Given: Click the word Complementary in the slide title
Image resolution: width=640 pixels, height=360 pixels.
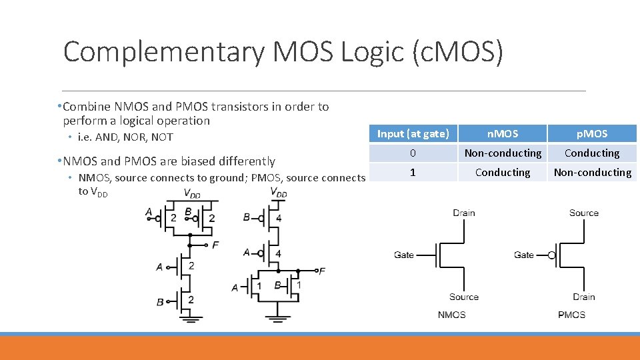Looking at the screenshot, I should pyautogui.click(x=163, y=51).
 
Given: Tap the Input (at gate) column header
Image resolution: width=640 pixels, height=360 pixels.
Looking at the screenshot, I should pyautogui.click(x=413, y=133).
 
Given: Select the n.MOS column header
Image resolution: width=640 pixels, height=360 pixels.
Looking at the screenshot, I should pyautogui.click(x=503, y=133).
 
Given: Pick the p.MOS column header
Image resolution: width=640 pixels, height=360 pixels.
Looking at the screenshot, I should pyautogui.click(x=592, y=133).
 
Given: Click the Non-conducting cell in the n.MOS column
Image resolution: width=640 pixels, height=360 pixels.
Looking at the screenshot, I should pyautogui.click(x=503, y=153).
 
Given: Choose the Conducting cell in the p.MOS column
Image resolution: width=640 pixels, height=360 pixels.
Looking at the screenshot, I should pyautogui.click(x=592, y=153).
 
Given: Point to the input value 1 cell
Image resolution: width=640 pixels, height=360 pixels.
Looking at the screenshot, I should pyautogui.click(x=413, y=172).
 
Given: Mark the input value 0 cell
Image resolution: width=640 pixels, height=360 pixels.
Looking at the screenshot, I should pyautogui.click(x=413, y=153).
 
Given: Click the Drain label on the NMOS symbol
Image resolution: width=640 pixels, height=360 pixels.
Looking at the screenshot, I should pyautogui.click(x=463, y=213).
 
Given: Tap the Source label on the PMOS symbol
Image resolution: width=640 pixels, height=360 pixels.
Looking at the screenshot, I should pyautogui.click(x=583, y=213).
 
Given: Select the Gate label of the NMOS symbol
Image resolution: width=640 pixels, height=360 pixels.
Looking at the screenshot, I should pyautogui.click(x=403, y=255).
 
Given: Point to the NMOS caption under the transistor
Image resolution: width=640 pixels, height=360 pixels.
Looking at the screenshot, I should pyautogui.click(x=451, y=314).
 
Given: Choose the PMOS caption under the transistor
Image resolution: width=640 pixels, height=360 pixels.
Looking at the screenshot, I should pyautogui.click(x=571, y=314).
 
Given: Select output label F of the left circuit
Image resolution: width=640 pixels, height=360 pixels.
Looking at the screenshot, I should pyautogui.click(x=215, y=245).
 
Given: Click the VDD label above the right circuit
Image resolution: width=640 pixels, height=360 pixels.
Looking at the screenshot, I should pyautogui.click(x=279, y=192).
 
